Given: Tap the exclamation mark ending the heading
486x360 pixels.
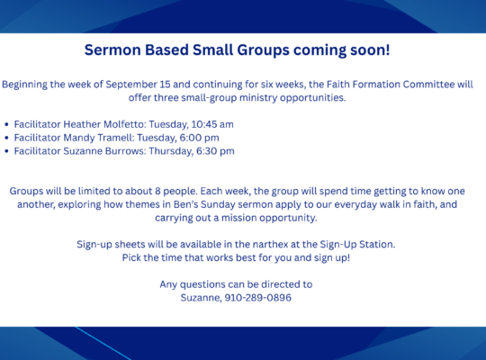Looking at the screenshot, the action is (387, 49).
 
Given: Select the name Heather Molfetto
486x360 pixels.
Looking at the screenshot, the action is (103, 124).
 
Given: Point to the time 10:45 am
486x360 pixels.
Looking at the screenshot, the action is (212, 124).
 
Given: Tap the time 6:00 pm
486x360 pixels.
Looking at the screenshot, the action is (199, 138).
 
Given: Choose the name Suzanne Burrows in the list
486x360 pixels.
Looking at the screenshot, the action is (103, 151).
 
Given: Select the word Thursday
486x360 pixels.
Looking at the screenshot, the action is (170, 151).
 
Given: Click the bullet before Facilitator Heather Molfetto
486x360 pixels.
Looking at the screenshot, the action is (7, 125).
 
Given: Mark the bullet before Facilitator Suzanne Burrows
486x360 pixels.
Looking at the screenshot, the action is (7, 151).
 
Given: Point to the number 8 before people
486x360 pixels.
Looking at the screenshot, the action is (157, 191).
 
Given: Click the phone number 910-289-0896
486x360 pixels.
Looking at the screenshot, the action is (258, 298).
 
